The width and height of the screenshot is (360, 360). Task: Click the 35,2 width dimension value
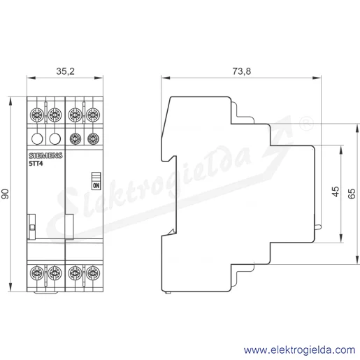(x=65, y=71)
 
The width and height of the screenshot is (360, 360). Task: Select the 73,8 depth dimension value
(x=242, y=71)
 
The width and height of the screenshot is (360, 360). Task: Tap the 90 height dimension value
(x=5, y=194)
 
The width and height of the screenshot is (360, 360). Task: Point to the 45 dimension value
(x=336, y=192)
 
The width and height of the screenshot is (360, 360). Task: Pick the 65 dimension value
(x=352, y=194)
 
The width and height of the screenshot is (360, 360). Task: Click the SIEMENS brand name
(x=45, y=156)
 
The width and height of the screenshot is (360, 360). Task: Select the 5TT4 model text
(x=36, y=164)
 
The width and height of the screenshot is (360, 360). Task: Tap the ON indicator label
(x=96, y=186)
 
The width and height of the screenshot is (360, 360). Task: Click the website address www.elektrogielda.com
(x=299, y=350)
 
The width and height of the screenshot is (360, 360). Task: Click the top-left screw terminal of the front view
(x=37, y=115)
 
